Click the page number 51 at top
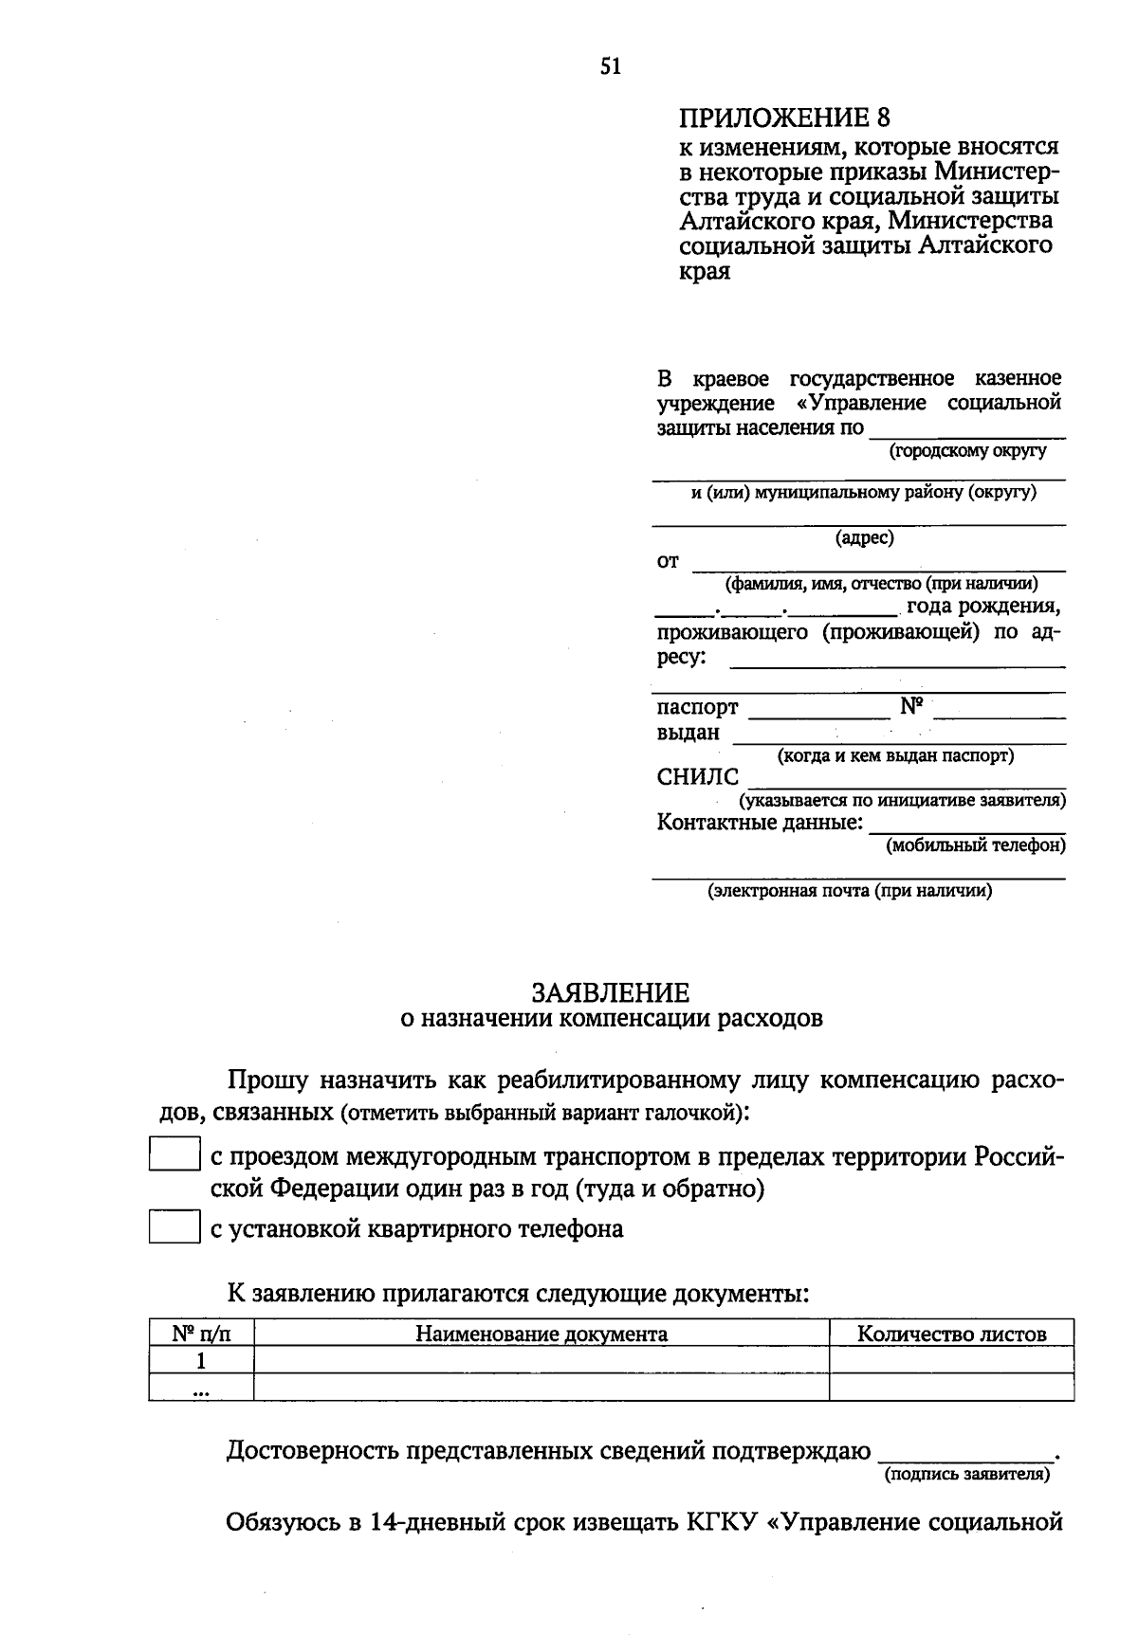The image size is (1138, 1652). (x=611, y=65)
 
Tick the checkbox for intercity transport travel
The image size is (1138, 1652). (x=174, y=1153)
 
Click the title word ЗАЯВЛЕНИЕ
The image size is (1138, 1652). (x=610, y=992)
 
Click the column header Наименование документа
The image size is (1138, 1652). (x=541, y=1334)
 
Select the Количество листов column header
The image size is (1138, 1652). (x=951, y=1334)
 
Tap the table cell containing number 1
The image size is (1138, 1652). (x=201, y=1361)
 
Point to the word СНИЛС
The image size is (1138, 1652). (x=697, y=777)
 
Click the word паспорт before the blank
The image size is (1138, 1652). (x=697, y=708)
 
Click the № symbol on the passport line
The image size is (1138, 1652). (x=910, y=706)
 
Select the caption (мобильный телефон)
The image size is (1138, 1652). (x=975, y=844)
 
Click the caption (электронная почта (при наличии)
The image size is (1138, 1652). (x=850, y=891)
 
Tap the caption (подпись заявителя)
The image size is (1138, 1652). (x=966, y=1475)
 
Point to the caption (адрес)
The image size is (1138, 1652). (x=864, y=538)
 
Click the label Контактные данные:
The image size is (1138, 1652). (x=760, y=822)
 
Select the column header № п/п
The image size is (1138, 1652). (x=201, y=1334)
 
